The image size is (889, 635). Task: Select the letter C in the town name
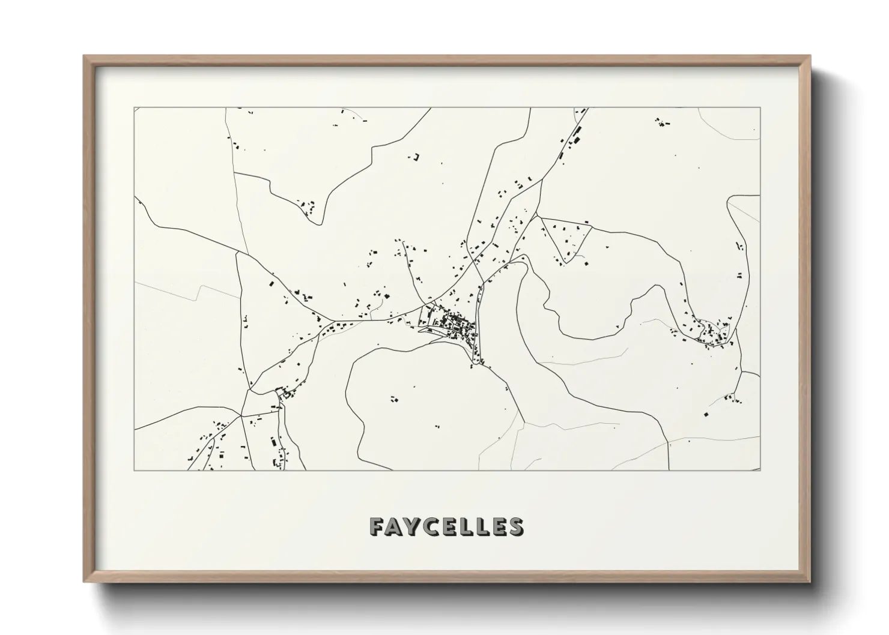[x=435, y=526]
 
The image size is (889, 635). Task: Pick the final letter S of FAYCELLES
[x=515, y=526]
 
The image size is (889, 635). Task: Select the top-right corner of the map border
[x=760, y=107]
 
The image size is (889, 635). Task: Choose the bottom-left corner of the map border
[x=135, y=470]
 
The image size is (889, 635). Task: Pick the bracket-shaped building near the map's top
[x=415, y=158]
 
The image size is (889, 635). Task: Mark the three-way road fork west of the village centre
[x=325, y=319]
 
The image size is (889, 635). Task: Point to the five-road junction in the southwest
[x=241, y=415]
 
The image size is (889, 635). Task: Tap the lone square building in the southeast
[x=706, y=414]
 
